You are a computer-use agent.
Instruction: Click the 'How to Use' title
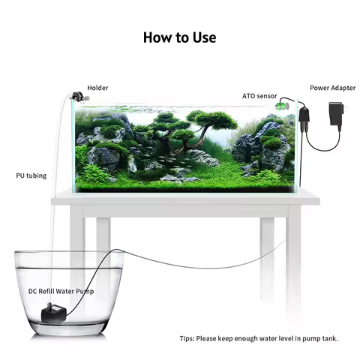pyautogui.click(x=179, y=37)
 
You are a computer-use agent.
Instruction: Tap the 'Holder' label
pyautogui.click(x=97, y=88)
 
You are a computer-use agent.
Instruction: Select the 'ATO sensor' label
pyautogui.click(x=259, y=97)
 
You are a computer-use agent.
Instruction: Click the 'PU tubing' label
pyautogui.click(x=30, y=175)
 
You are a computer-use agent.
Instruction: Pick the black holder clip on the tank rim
pyautogui.click(x=76, y=97)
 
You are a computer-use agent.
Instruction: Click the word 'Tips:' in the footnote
pyautogui.click(x=188, y=338)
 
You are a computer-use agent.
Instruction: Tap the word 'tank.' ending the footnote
pyautogui.click(x=328, y=338)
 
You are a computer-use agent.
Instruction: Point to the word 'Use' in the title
pyautogui.click(x=201, y=37)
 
